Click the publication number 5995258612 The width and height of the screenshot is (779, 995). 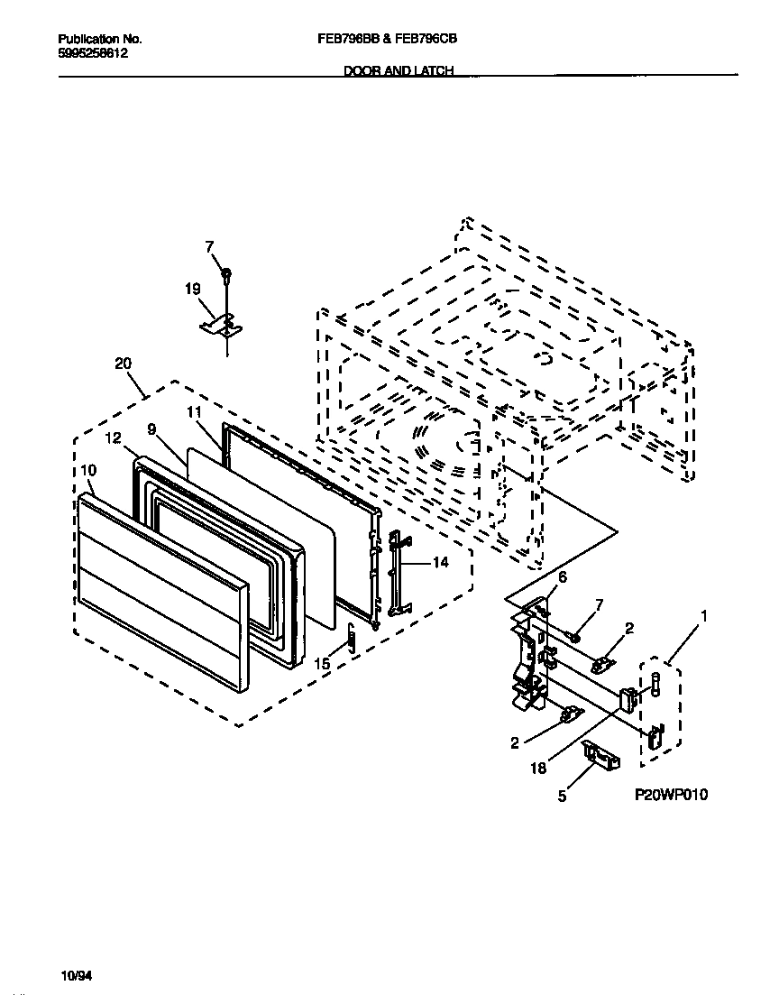coord(92,53)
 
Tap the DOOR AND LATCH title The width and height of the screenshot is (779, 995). coord(398,70)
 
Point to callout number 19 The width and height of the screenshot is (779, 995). coord(192,289)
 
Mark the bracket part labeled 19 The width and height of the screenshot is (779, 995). coord(222,323)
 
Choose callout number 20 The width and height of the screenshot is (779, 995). coord(123,364)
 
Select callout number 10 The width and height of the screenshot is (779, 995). coord(88,470)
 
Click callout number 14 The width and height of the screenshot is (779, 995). coord(440,562)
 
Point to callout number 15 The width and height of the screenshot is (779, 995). coord(322,663)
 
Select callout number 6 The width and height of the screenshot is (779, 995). coord(563,576)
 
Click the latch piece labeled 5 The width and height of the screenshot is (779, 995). coord(600,754)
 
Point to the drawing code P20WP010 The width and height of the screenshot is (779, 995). coord(672,794)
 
